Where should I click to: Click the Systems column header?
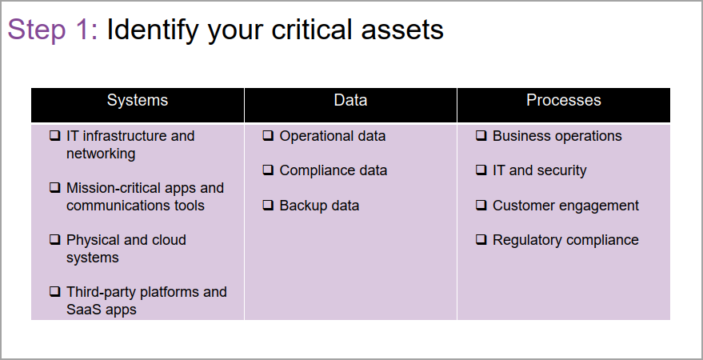click(x=138, y=100)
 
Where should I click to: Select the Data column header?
click(x=350, y=100)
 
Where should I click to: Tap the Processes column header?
click(x=564, y=100)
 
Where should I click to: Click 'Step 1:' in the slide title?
click(x=53, y=30)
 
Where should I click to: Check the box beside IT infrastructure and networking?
click(x=54, y=135)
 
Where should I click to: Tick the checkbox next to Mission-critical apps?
click(x=54, y=187)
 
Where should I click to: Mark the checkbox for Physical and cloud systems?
click(x=54, y=239)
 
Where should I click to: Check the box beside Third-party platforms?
click(x=54, y=291)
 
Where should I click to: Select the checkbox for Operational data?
click(x=268, y=135)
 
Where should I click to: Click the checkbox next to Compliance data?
click(x=268, y=170)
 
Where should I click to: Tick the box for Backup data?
click(x=268, y=205)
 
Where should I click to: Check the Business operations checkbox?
click(x=481, y=135)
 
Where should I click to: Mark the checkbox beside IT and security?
click(x=481, y=170)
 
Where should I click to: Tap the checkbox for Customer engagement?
click(x=481, y=205)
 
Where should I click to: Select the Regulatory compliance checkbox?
click(x=481, y=239)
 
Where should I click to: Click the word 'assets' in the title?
click(x=402, y=30)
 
